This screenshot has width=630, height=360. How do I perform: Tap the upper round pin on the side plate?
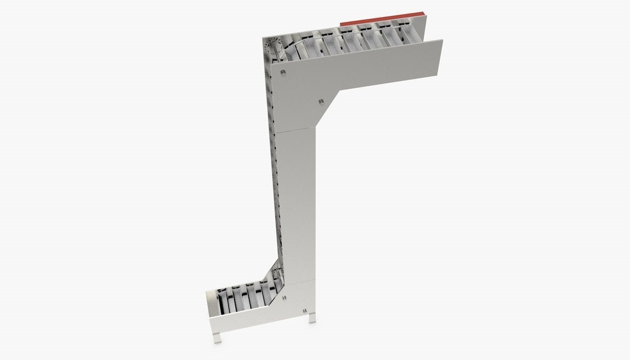tap(283, 74)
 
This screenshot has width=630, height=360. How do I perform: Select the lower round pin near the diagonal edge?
tap(321, 102)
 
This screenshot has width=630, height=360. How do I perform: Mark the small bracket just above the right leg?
tap(306, 311)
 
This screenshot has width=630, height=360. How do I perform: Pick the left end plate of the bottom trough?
tap(210, 306)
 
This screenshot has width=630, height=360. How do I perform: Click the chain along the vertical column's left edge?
tap(272, 180)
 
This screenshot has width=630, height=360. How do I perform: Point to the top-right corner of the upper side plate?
tap(441, 41)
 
